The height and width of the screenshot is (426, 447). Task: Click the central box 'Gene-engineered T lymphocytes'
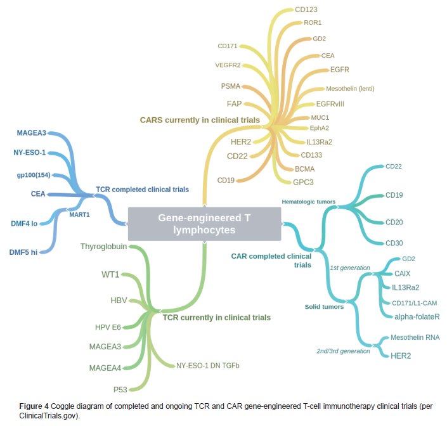(x=204, y=224)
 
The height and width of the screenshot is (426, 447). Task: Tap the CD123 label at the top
(x=306, y=10)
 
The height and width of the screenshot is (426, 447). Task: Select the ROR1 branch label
(x=313, y=23)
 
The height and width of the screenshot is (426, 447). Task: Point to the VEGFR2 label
(x=228, y=65)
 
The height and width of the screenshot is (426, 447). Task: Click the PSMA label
(x=231, y=86)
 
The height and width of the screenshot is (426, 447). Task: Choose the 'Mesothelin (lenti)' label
(x=350, y=89)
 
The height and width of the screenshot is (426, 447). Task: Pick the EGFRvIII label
(x=330, y=104)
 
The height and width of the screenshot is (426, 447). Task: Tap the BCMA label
(x=305, y=169)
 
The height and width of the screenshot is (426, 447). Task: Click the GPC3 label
(x=303, y=182)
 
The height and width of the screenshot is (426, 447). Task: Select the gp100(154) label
(x=34, y=175)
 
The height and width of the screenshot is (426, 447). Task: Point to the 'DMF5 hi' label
(x=23, y=252)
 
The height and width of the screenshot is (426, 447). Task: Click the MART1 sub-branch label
(x=79, y=214)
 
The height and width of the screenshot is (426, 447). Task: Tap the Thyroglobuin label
(x=103, y=247)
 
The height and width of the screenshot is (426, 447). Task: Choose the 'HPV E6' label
(x=108, y=327)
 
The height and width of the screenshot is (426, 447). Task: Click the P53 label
(x=120, y=389)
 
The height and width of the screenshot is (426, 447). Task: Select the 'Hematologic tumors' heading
(x=308, y=202)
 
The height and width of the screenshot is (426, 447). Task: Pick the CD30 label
(x=394, y=243)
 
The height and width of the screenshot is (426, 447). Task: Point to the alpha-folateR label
(x=417, y=316)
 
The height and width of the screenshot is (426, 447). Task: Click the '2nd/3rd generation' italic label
(x=343, y=351)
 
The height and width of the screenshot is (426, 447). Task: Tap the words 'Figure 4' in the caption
(x=34, y=406)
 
